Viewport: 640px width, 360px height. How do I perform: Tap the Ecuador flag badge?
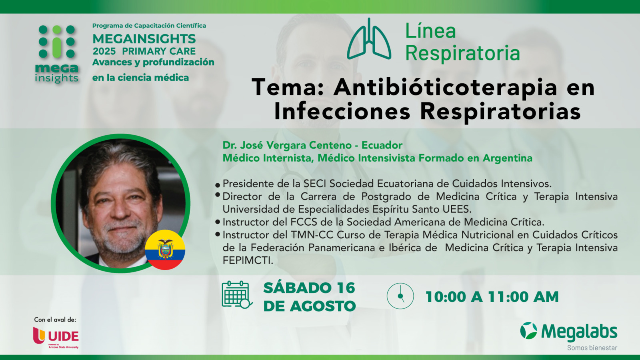click(x=165, y=250)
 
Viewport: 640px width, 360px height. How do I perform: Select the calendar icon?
click(x=237, y=294)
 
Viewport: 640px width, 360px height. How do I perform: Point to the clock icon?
click(x=400, y=296)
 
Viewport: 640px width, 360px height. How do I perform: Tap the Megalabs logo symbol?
click(x=528, y=330)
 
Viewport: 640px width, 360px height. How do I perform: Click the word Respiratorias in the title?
click(x=500, y=112)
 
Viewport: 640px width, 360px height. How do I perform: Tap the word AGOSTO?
click(x=322, y=306)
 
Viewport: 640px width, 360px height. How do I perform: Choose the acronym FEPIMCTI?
click(x=248, y=260)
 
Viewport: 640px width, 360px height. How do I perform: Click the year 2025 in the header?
click(x=104, y=51)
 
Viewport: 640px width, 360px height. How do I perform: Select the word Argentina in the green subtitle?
click(x=508, y=158)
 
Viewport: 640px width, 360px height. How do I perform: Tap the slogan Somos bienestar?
click(x=592, y=348)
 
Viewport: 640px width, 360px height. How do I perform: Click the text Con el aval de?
click(x=55, y=320)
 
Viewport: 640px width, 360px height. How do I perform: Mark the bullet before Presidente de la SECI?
click(x=218, y=185)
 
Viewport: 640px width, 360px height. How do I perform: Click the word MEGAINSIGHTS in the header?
click(x=144, y=39)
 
